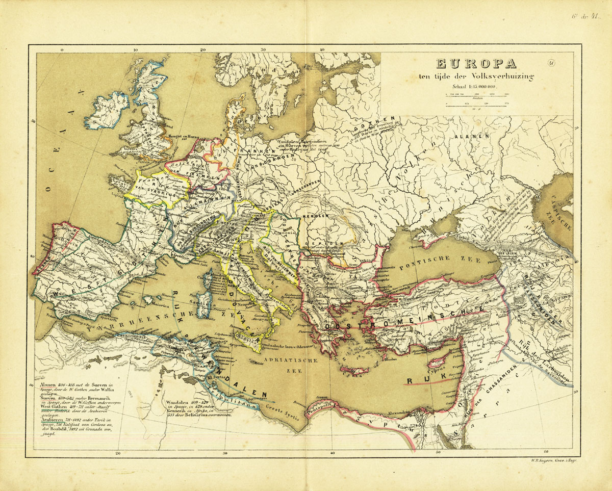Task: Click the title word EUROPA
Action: pos(468,64)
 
